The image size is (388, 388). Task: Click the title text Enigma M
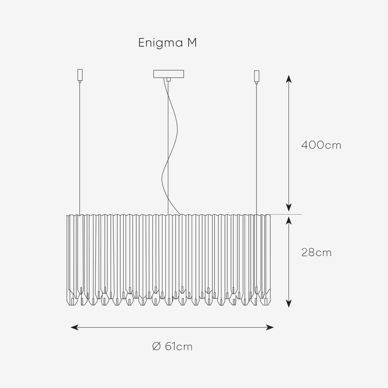coord(167,43)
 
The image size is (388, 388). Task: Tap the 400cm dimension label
coord(321,145)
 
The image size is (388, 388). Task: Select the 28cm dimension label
coord(316,253)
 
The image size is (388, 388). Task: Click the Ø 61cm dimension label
coord(172,346)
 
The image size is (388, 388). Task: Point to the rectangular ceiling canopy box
coord(168,74)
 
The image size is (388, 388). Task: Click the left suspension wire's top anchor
coord(80,75)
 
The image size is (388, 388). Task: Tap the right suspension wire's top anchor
coord(257,76)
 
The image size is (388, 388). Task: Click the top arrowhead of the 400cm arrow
coord(289,79)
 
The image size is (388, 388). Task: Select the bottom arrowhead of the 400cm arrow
coord(289,208)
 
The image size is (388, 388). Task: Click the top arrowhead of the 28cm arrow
coord(289,220)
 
